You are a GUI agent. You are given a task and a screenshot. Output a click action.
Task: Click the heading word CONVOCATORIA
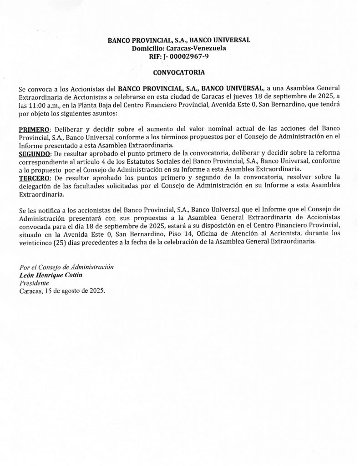point(179,72)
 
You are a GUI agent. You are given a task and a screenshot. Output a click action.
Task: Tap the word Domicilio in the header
point(147,49)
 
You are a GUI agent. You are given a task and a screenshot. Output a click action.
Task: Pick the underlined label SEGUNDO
point(36,154)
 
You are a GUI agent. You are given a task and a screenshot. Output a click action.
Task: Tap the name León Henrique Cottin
point(52,275)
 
